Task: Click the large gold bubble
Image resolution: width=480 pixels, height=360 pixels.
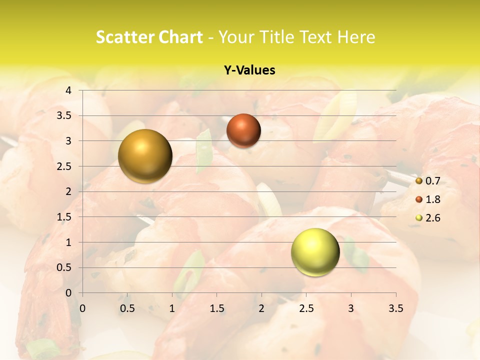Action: pos(145,156)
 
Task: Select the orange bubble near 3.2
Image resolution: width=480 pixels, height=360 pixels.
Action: pos(243,130)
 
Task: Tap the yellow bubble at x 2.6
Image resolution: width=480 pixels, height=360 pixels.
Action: pos(315,252)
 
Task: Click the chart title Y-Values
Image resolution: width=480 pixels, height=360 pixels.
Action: pos(249,70)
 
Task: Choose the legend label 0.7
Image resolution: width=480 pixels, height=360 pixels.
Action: pos(433,181)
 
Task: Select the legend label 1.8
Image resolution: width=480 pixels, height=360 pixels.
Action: pos(433,199)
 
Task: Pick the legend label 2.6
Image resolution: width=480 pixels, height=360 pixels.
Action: pos(433,218)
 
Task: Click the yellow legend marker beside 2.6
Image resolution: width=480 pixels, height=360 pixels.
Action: pos(419,218)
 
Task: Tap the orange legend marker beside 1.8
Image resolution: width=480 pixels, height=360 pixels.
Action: pos(419,199)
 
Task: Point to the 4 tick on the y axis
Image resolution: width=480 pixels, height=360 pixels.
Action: pos(68,90)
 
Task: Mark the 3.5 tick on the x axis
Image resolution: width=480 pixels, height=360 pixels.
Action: pos(395,308)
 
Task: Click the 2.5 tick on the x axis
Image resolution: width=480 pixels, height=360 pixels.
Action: pos(306,308)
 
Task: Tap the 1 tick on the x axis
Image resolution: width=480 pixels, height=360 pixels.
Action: pos(172,308)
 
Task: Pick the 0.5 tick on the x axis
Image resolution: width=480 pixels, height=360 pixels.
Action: pos(127,308)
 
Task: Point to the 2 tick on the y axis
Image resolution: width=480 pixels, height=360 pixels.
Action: pos(68,191)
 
